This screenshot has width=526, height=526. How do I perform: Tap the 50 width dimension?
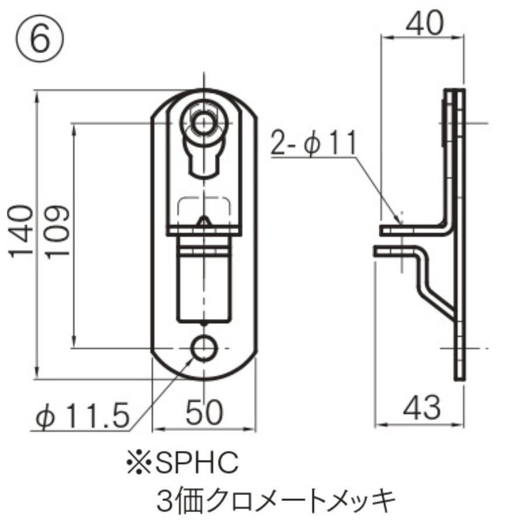tap(204, 413)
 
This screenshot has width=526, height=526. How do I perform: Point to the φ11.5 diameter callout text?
tap(81, 416)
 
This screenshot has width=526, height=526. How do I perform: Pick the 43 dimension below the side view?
tap(421, 407)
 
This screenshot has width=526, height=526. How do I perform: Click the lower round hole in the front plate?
tap(204, 349)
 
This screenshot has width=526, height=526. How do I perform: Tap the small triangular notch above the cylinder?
tap(203, 222)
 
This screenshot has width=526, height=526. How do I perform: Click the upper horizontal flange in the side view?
tap(412, 230)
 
